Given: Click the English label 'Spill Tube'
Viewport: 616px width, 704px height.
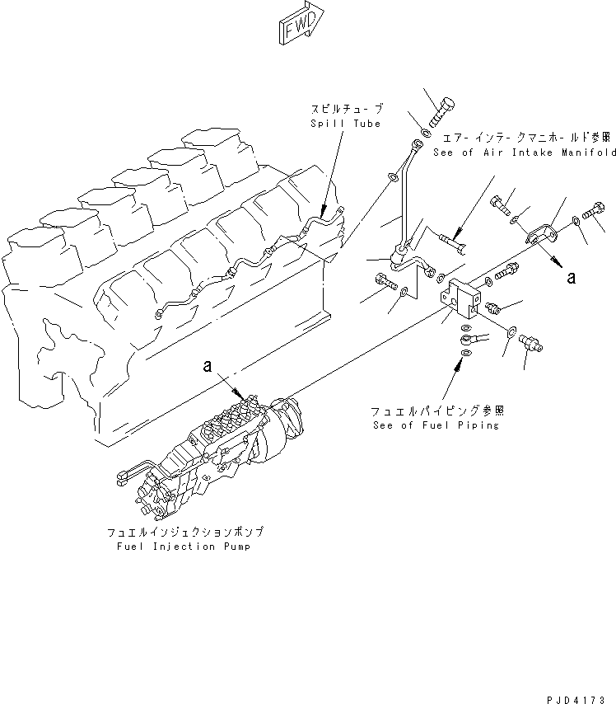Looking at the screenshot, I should click(x=345, y=124).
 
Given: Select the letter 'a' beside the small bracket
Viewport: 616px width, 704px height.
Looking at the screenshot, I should click(x=571, y=278).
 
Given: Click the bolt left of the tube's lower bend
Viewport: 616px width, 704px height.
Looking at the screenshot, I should click(x=384, y=280).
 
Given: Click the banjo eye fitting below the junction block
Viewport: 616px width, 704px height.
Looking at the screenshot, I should click(x=473, y=336).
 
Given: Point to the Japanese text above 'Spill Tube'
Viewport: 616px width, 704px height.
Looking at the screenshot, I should click(x=346, y=109).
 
